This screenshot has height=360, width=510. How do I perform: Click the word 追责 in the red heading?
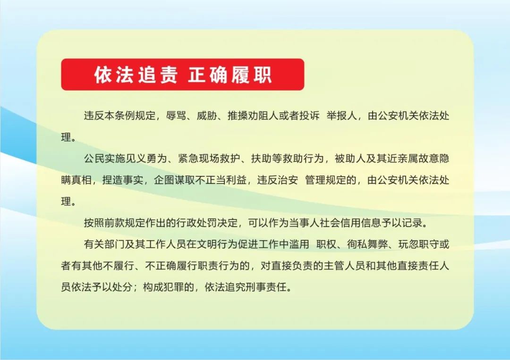[x=157, y=75]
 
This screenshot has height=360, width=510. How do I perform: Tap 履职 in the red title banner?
[x=251, y=75]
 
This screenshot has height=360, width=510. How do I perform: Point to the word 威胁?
[x=206, y=116]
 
